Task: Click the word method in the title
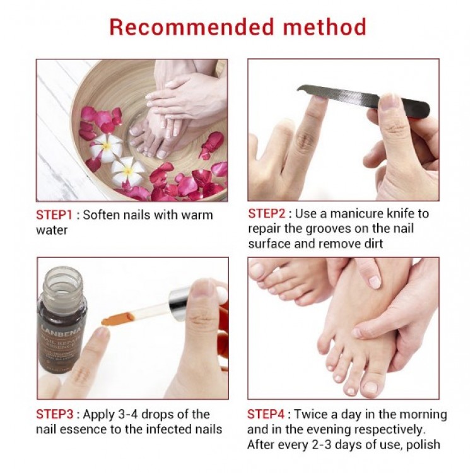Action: point(325,27)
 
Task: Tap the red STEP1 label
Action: point(54,215)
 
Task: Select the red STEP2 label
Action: point(267,214)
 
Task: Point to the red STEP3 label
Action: point(55,414)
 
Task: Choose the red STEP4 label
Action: point(266,414)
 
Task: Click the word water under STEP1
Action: point(52,230)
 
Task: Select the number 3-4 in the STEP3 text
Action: point(128,414)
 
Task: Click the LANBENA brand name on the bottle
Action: point(61,328)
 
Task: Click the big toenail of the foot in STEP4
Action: point(373,387)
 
